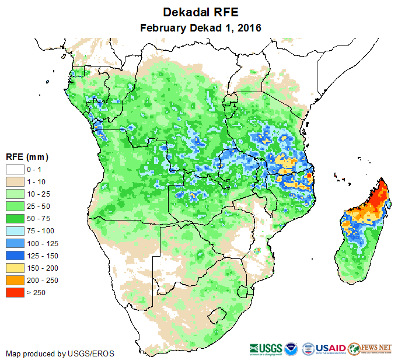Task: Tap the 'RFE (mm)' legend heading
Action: [x=27, y=157]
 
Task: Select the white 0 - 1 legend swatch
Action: [x=15, y=170]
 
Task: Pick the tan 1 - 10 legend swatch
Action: [x=15, y=182]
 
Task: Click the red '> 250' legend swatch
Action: [x=15, y=292]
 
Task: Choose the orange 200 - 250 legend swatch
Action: [x=15, y=280]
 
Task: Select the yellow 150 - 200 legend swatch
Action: [x=15, y=268]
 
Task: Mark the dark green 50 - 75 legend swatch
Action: [x=15, y=219]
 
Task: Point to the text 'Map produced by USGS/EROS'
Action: [x=60, y=353]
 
